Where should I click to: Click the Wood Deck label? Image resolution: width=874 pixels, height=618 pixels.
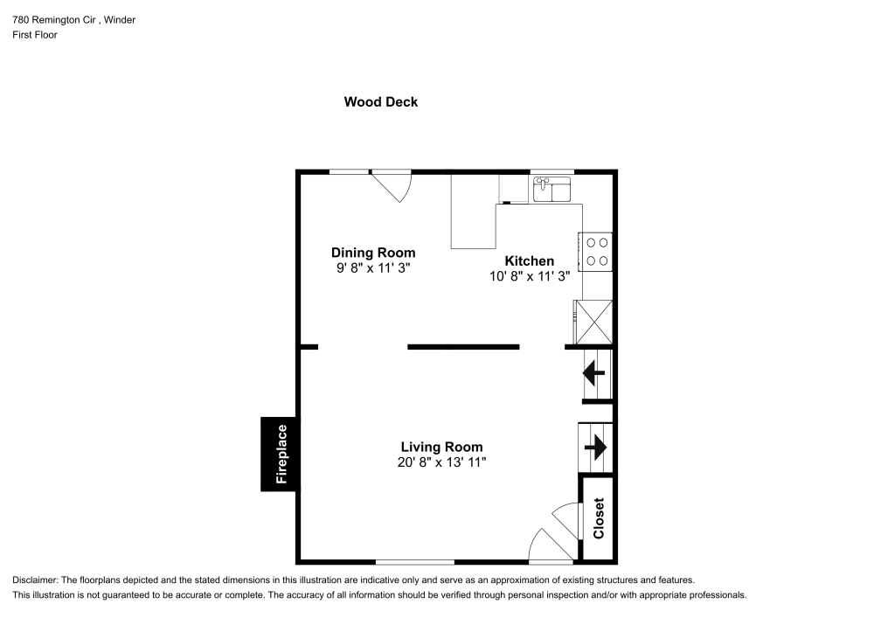pyautogui.click(x=380, y=102)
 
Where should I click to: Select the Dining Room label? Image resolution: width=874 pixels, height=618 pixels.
pyautogui.click(x=372, y=253)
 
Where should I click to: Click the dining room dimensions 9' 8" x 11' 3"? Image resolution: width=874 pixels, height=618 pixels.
pyautogui.click(x=372, y=269)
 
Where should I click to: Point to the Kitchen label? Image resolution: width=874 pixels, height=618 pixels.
pyautogui.click(x=529, y=260)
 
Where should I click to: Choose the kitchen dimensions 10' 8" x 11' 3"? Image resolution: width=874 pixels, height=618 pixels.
pyautogui.click(x=529, y=276)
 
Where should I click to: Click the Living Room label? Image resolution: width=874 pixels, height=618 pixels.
pyautogui.click(x=441, y=447)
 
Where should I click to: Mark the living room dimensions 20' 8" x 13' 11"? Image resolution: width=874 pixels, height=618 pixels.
pyautogui.click(x=441, y=462)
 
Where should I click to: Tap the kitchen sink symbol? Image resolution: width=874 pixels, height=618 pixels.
pyautogui.click(x=551, y=188)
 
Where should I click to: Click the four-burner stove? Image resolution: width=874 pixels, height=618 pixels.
pyautogui.click(x=597, y=252)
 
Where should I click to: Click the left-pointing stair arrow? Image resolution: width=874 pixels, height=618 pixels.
pyautogui.click(x=595, y=374)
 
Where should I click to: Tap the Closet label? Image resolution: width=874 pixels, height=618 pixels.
pyautogui.click(x=599, y=518)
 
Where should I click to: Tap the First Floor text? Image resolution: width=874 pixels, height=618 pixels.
pyautogui.click(x=35, y=35)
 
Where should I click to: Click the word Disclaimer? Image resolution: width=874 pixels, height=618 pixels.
pyautogui.click(x=35, y=580)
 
